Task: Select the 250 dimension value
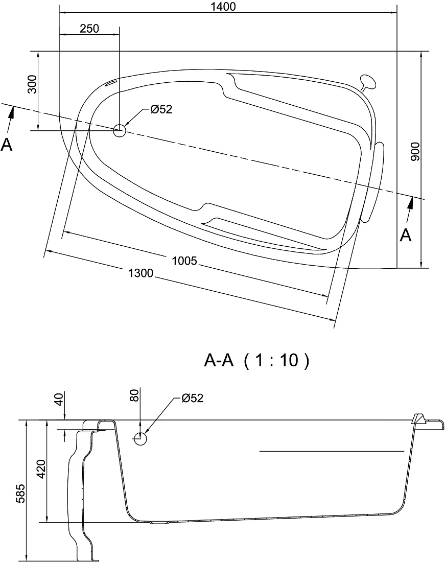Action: (x=89, y=28)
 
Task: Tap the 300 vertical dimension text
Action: (x=32, y=84)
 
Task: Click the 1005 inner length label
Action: (x=184, y=261)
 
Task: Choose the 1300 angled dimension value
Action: (x=141, y=273)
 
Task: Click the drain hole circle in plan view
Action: (x=119, y=130)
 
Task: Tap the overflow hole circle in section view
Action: (x=140, y=438)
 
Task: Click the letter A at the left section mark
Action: (x=7, y=145)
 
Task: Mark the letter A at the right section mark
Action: (x=406, y=236)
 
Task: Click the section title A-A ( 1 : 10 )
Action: (x=256, y=361)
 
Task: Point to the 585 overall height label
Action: (x=21, y=494)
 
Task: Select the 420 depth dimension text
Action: (x=41, y=469)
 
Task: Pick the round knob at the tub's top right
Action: (x=368, y=81)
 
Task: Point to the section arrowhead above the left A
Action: (x=12, y=113)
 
